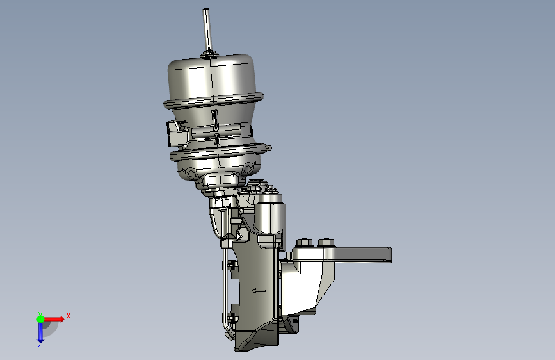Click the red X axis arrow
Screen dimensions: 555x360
click(x=53, y=319)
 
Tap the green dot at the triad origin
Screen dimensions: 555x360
click(x=40, y=319)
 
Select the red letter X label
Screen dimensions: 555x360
click(x=68, y=316)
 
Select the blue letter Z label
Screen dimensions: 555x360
click(x=40, y=345)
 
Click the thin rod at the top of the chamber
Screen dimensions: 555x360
click(x=207, y=29)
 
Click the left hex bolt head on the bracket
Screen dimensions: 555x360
click(x=305, y=243)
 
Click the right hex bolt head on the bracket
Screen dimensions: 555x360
click(x=326, y=243)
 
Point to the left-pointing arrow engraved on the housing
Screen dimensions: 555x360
click(x=259, y=291)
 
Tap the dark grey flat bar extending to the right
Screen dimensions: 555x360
click(x=364, y=255)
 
